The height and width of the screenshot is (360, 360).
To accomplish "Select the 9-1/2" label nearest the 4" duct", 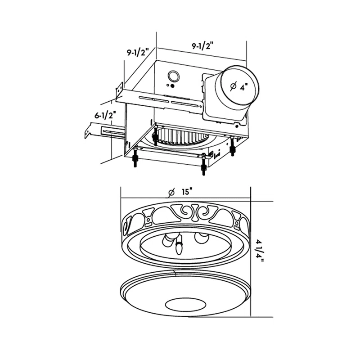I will point(202,46).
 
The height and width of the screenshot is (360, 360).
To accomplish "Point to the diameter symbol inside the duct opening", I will point(233,87).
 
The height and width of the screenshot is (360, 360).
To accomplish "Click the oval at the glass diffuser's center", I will point(185,304).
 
